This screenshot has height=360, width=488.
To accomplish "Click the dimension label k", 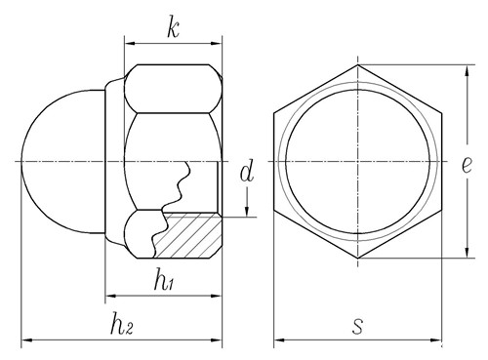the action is coord(173,30).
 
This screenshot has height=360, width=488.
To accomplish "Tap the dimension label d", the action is coord(247,173).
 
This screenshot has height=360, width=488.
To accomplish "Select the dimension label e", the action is coord(467,166).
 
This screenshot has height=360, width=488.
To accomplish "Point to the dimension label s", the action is coord(357,326).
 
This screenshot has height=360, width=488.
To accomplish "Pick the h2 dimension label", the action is coord(122,323).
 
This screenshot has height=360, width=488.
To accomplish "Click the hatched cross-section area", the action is coord(187,236).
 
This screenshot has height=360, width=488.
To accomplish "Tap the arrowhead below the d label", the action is coord(247,211).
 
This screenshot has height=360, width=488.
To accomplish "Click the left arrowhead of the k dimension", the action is coord(130,44).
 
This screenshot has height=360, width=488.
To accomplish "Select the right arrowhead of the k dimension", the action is coord(216,44).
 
